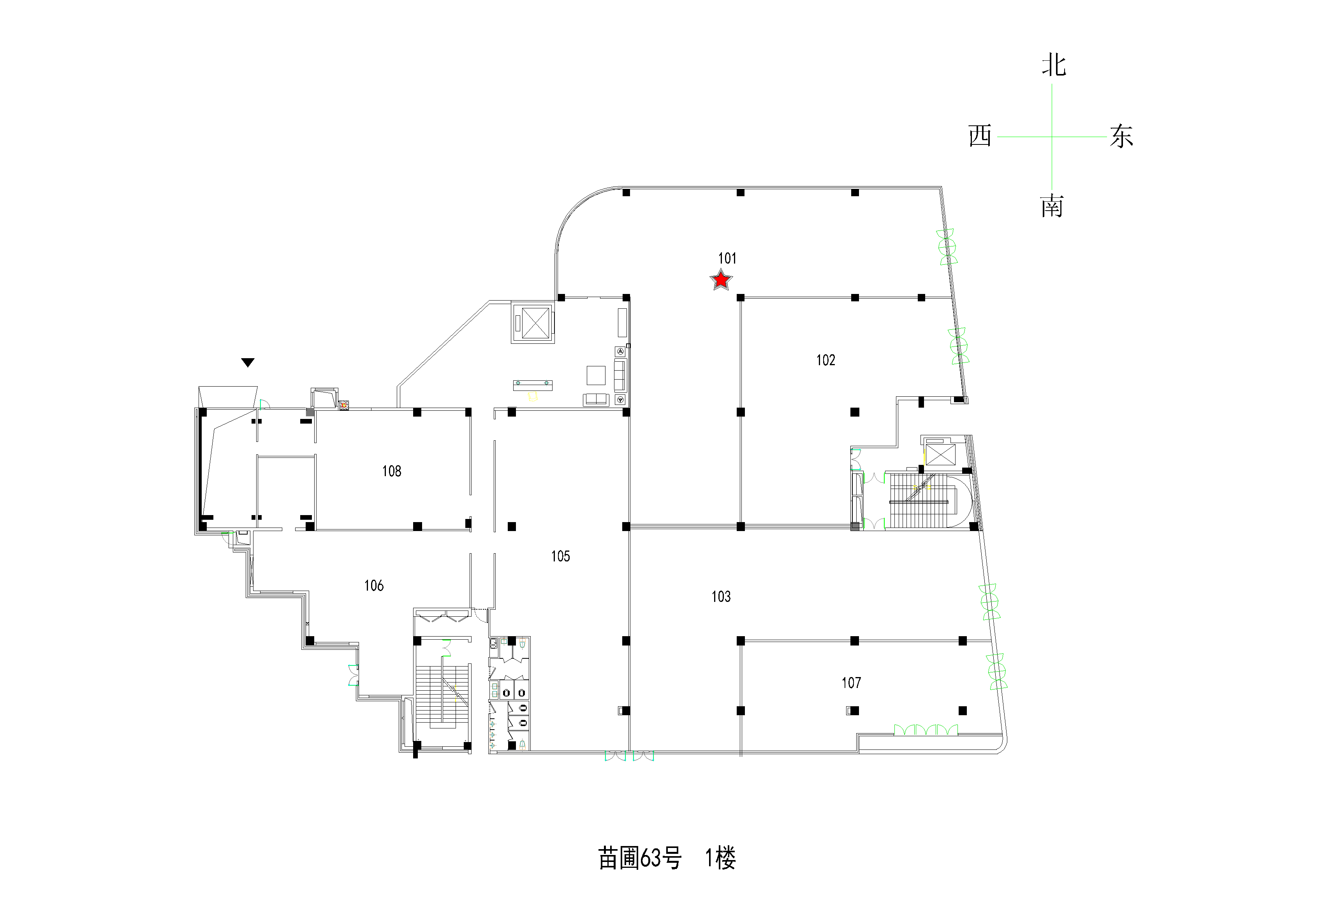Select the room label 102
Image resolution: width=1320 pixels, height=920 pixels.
click(825, 360)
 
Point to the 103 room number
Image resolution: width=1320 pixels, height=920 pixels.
click(721, 596)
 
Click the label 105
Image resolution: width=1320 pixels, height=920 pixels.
click(561, 556)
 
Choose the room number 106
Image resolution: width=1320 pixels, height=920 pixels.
click(374, 585)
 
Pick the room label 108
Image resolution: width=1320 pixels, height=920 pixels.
click(391, 471)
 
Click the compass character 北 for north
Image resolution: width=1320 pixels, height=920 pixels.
click(1054, 65)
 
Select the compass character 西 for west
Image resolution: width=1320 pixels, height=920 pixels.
click(980, 136)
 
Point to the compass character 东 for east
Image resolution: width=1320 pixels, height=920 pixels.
click(1121, 136)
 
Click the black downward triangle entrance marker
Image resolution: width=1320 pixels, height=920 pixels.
click(248, 362)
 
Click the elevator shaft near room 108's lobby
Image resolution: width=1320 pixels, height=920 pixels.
click(533, 323)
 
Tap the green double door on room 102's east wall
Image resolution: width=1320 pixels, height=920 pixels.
click(958, 346)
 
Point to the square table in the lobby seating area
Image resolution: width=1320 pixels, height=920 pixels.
click(596, 375)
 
